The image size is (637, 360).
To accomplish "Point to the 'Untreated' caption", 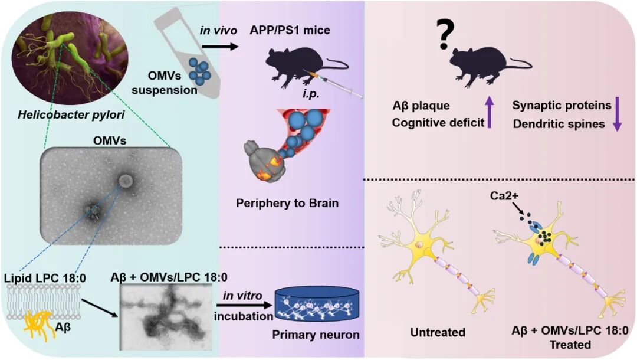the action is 438,333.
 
